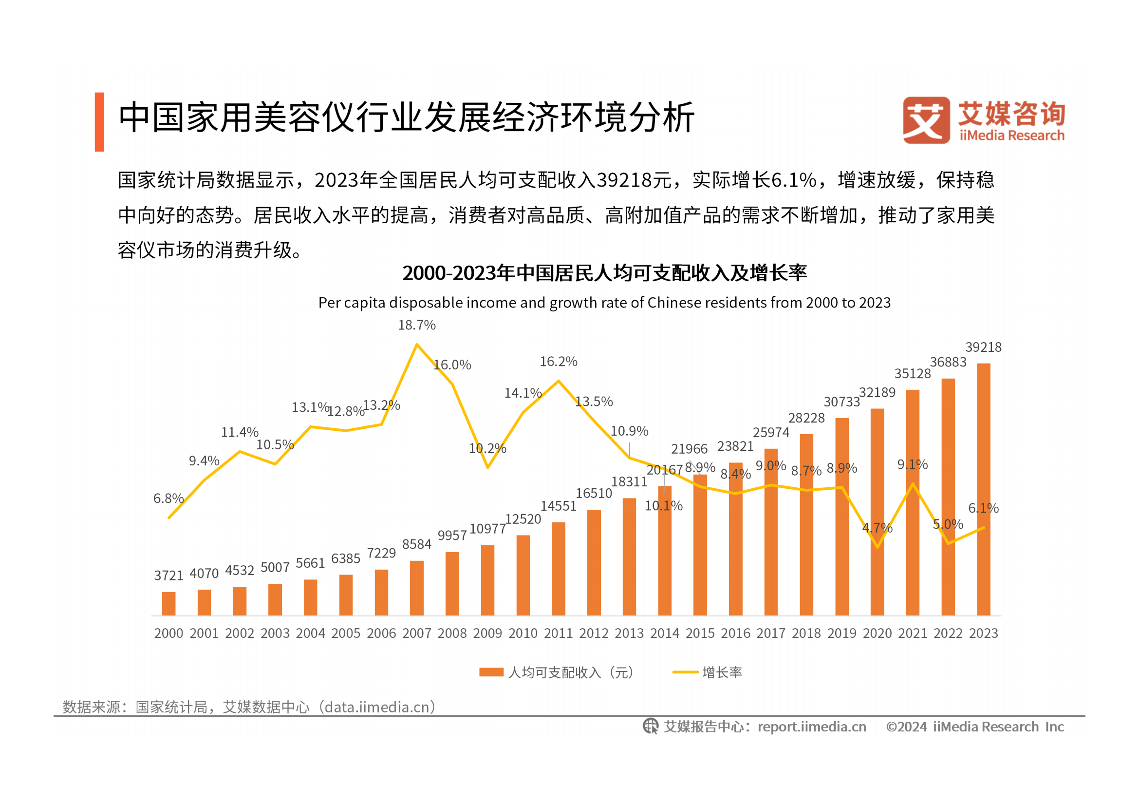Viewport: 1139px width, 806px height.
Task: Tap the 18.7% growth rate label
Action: click(x=417, y=325)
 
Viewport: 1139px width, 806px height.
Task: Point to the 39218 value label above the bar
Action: click(x=983, y=347)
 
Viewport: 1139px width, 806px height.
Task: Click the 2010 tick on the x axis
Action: click(x=523, y=633)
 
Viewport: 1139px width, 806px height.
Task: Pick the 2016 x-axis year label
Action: click(x=735, y=633)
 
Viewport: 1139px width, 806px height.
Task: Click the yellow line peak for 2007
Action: click(x=417, y=345)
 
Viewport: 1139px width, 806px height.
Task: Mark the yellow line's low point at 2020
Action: click(x=878, y=547)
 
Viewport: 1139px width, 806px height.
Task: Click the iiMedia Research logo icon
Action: click(x=926, y=120)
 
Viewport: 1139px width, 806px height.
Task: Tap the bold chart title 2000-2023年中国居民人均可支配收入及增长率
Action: click(x=604, y=273)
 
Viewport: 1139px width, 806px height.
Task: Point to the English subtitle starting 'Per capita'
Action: click(x=604, y=303)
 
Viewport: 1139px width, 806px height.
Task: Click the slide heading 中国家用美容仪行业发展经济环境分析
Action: click(x=406, y=117)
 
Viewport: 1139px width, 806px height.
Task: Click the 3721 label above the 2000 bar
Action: click(x=168, y=575)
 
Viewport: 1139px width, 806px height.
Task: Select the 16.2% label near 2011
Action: click(x=559, y=361)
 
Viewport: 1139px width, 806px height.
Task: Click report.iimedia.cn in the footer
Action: click(x=812, y=727)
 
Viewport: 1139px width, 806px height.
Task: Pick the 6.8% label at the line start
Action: click(x=168, y=499)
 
